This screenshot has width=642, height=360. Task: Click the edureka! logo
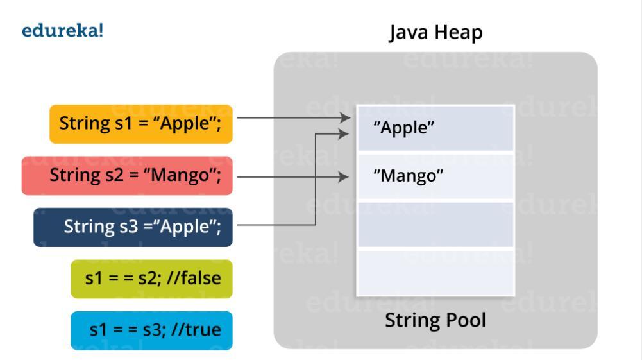pos(62,31)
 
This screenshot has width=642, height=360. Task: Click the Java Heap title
pos(435,33)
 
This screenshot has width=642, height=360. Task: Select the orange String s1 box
pos(140,123)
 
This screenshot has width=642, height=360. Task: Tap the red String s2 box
pos(127,175)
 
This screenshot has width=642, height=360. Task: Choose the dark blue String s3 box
pos(133,227)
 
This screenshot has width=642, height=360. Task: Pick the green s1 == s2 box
pos(151,279)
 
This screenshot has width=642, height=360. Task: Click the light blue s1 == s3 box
pos(151,330)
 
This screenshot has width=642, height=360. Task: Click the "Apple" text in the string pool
pos(404,128)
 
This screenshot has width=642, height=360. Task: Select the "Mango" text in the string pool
pos(409,176)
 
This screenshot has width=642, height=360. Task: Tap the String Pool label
pos(435,320)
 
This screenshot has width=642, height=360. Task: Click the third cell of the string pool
pos(435,225)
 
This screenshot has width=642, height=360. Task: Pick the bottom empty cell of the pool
pos(435,272)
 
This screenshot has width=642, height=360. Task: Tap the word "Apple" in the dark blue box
pos(186,227)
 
